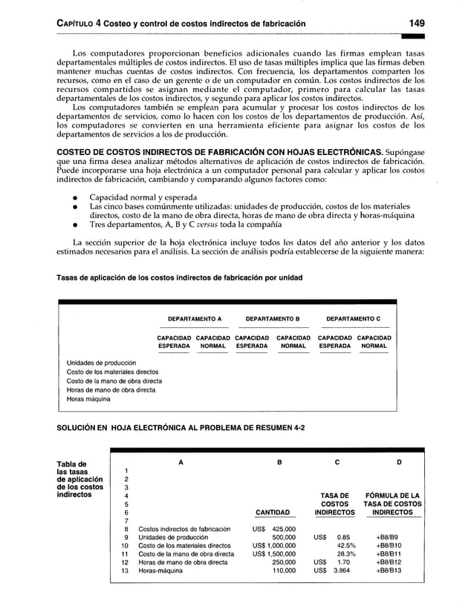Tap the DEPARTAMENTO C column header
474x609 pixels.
(x=354, y=317)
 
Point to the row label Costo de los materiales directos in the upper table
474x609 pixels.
(x=112, y=372)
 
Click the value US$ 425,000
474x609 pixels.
(x=274, y=529)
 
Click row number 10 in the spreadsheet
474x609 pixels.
(x=126, y=547)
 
